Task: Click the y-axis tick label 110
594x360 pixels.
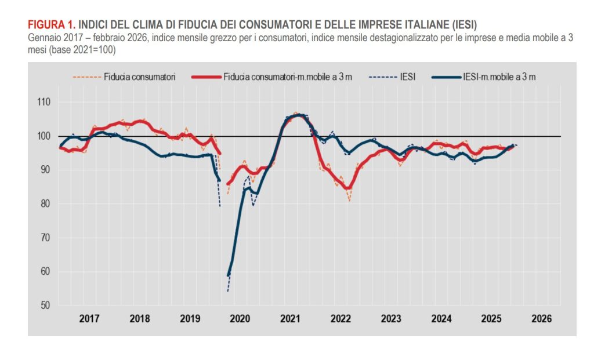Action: click(44, 102)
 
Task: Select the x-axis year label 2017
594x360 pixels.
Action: click(89, 319)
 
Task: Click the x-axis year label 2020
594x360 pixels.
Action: click(240, 319)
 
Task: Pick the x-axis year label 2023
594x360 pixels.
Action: click(390, 319)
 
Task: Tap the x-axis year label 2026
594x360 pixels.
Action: click(541, 319)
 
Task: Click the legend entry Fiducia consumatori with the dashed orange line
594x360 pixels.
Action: click(124, 76)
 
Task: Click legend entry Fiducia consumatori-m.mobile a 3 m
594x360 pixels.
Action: click(273, 76)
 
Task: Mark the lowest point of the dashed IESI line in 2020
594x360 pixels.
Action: click(228, 290)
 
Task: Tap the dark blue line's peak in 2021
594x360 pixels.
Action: click(297, 115)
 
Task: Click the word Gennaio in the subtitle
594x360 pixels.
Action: click(42, 38)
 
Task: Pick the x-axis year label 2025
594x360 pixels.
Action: click(491, 319)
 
